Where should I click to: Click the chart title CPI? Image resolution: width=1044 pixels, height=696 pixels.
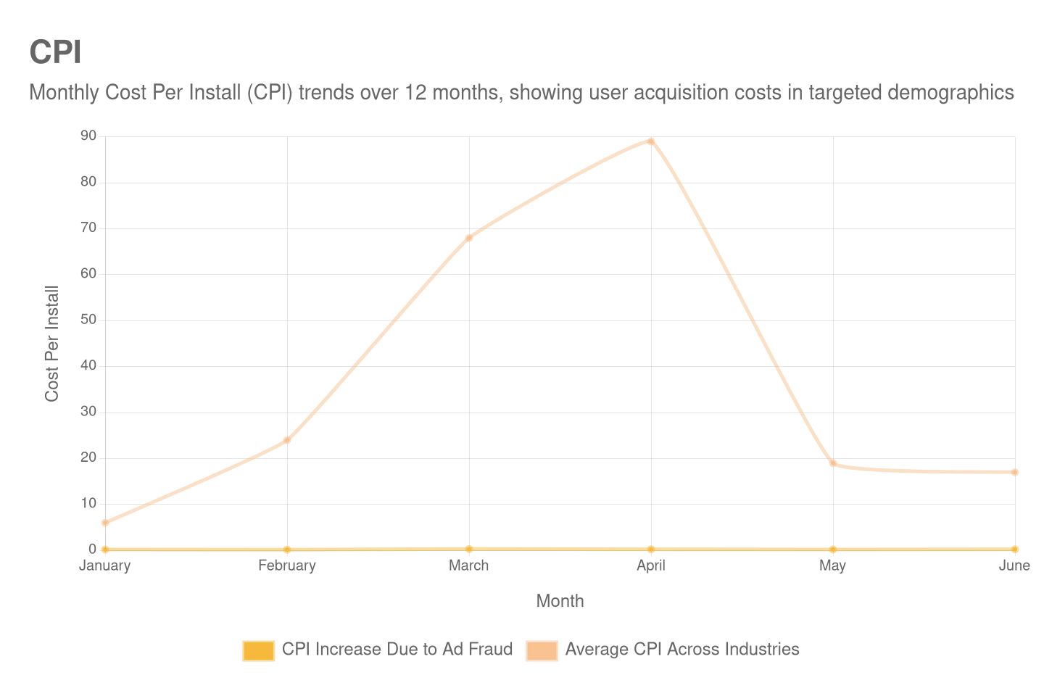[x=55, y=52]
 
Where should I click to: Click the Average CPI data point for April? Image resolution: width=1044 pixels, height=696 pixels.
[x=651, y=141]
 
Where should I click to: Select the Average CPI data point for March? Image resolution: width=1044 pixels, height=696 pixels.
[x=469, y=238]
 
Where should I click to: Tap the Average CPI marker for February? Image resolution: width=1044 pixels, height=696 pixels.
[x=287, y=440]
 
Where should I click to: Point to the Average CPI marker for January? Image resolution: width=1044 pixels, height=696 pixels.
[x=105, y=523]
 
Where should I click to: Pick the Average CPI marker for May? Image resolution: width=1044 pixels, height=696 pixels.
[x=833, y=463]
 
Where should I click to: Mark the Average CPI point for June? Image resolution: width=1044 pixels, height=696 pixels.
[x=1015, y=472]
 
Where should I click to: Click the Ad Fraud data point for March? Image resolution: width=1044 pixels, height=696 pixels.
[x=469, y=549]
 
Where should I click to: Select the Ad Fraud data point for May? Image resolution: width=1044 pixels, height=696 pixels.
[x=833, y=550]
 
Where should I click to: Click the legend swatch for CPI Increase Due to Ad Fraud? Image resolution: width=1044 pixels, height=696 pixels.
[x=258, y=650]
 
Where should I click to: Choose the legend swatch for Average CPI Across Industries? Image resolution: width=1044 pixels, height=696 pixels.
[x=542, y=650]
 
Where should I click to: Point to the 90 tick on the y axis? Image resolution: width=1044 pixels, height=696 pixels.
[x=88, y=136]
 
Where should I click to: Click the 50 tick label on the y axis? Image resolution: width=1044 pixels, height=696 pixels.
[x=88, y=319]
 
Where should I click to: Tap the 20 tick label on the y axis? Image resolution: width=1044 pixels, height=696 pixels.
[x=88, y=457]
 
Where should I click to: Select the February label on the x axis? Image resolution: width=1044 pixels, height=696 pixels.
[x=287, y=565]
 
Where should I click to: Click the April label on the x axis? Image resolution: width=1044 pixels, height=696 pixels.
[x=651, y=565]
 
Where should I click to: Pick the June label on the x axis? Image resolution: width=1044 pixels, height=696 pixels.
[x=1014, y=565]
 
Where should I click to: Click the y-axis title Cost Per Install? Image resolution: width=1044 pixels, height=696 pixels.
[x=51, y=344]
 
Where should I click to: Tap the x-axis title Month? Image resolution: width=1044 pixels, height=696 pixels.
[x=560, y=601]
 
